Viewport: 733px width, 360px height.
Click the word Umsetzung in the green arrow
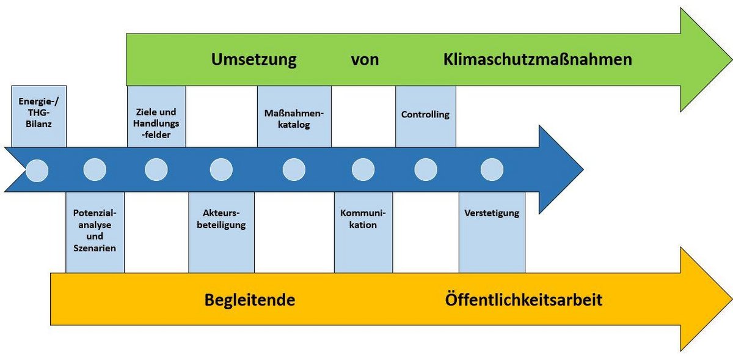tap(254, 60)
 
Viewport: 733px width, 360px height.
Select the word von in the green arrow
tap(365, 60)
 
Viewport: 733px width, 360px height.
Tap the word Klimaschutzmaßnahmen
tap(538, 60)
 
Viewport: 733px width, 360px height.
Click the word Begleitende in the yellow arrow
tap(250, 300)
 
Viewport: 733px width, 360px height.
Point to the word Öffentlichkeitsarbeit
tap(523, 299)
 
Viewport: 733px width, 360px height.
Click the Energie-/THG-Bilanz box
tap(39, 116)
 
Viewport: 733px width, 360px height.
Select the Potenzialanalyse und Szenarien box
tap(95, 232)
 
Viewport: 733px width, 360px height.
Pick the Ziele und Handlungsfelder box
tap(156, 116)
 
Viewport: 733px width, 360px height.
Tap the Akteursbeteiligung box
tap(222, 232)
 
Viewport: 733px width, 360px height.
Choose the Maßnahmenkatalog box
tap(294, 116)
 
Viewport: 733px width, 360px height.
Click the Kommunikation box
tap(363, 232)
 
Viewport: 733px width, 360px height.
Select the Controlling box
tap(426, 116)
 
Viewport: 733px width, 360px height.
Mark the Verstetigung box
tap(492, 232)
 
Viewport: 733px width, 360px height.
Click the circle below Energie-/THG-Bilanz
tap(37, 171)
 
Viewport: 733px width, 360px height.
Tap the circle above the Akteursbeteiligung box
tap(221, 170)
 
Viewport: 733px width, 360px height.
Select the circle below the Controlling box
tap(426, 170)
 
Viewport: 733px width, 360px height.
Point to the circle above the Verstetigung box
tap(492, 170)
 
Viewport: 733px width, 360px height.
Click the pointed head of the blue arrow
tap(583, 169)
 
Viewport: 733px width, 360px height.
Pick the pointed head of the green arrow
tap(732, 60)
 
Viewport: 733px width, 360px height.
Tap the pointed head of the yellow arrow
tap(732, 299)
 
